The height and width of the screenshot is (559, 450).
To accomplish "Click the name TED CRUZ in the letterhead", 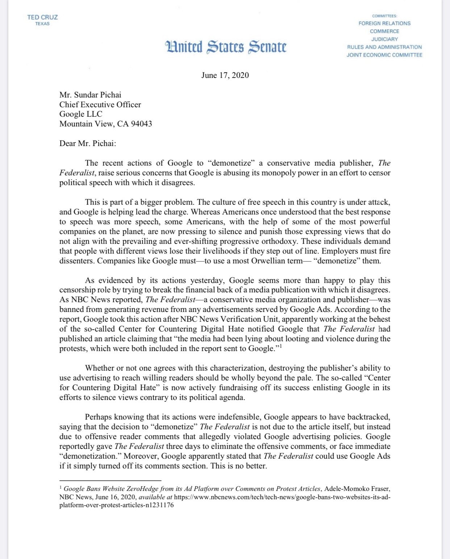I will (42, 17).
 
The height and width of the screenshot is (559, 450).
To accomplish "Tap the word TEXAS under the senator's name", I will (42, 24).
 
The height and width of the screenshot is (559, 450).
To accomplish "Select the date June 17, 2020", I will (225, 75).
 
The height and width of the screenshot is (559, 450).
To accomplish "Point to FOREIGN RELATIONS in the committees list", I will (384, 23).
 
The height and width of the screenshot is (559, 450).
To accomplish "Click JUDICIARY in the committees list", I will (384, 39).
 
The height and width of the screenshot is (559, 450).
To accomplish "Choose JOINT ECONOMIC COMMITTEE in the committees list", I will (384, 55).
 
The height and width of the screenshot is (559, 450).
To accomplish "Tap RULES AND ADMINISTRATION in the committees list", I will (384, 47).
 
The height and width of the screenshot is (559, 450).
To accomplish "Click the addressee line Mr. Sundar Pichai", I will (90, 95).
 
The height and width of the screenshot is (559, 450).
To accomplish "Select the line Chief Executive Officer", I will (100, 105).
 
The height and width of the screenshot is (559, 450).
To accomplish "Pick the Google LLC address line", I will (81, 114).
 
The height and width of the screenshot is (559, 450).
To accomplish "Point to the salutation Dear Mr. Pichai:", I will (88, 143).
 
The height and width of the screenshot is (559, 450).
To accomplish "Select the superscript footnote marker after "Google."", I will (280, 347).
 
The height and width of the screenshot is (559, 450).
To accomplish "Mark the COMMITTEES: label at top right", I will (384, 16).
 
